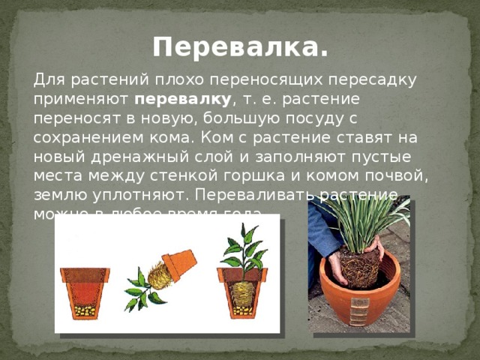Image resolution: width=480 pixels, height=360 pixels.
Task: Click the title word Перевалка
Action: [239, 48]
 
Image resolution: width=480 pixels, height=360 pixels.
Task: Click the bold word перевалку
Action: [184, 99]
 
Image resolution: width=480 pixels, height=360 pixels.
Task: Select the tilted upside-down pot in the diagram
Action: [179, 264]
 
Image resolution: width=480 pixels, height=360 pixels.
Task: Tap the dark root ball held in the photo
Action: [359, 266]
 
